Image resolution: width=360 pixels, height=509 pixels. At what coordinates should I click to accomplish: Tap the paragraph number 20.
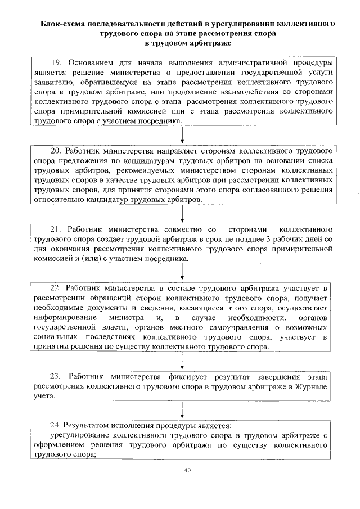[55, 151]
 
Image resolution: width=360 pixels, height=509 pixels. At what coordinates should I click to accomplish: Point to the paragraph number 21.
[56, 229]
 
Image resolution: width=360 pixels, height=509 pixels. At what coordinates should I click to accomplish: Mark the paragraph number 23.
[55, 376]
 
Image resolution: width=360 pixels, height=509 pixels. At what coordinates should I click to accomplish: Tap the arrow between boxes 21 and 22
[182, 271]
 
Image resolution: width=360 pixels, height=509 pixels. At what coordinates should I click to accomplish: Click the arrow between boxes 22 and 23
[182, 359]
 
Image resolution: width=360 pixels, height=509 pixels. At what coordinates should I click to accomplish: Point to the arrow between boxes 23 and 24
[182, 409]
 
